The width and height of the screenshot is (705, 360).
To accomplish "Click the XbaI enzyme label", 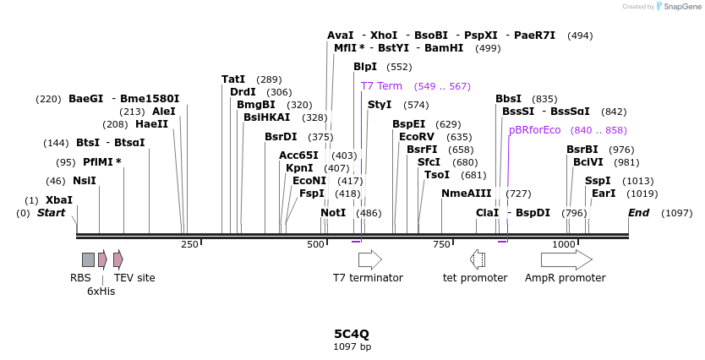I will pos(59,200).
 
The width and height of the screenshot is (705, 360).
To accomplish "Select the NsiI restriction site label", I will pos(85,181).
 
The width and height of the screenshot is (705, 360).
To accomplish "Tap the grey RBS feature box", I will pos(88,259).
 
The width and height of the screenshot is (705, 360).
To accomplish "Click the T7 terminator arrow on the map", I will pos(370,259).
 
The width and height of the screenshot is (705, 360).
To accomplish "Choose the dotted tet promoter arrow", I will pos(477,259).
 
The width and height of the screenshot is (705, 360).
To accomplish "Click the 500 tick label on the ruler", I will pos(316,244).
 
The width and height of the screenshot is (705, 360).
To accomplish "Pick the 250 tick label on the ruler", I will pos(189,244).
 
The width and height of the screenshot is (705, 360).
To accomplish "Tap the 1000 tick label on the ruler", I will pos(564,244).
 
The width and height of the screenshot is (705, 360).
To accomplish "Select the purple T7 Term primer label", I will pos(382,86).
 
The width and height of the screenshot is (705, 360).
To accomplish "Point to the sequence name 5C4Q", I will pos(352,334).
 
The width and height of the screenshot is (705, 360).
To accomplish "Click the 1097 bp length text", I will pos(352,346).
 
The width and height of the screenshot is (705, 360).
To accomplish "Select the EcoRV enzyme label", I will pos(417,137).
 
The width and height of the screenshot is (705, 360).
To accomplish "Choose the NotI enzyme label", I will pos(333,213).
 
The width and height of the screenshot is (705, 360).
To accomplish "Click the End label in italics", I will pos(638,213).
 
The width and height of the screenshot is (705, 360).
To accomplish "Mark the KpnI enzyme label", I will pos(300,168).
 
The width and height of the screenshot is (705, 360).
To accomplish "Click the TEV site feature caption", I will pos(134,277).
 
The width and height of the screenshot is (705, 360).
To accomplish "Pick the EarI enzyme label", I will pos(604,194).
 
